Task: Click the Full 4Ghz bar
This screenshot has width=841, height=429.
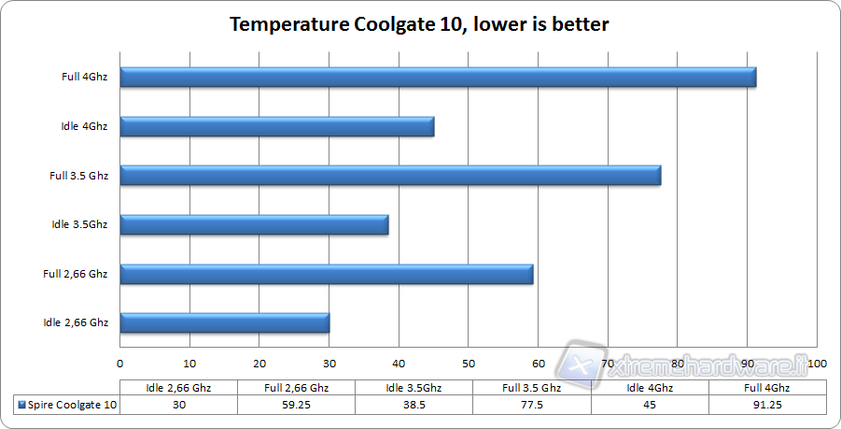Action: pos(438,78)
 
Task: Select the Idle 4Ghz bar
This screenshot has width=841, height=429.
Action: pos(277,126)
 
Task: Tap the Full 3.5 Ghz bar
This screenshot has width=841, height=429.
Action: pos(390,175)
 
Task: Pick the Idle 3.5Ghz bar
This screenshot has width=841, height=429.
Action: pos(254,224)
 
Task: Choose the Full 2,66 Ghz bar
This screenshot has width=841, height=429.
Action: pos(327,274)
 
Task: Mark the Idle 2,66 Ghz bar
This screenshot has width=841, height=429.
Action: pos(225,322)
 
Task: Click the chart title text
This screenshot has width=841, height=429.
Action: pos(420,24)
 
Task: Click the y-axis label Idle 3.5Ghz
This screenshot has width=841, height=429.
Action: pos(80,224)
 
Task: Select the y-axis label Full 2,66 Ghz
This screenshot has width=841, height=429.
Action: pos(76,274)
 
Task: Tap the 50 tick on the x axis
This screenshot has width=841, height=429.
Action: pos(469,364)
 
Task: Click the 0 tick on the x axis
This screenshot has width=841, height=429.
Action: pos(120,364)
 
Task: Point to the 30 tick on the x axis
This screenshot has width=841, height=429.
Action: pos(329,364)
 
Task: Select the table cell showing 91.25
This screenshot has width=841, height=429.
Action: pos(768,405)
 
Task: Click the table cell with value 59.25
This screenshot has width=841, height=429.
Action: pos(297,405)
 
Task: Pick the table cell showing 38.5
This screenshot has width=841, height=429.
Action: pos(414,405)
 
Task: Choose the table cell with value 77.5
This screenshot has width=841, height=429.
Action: pos(532,405)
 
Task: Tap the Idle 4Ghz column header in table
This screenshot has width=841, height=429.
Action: pos(650,387)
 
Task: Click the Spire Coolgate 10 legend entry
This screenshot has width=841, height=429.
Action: pos(66,405)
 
